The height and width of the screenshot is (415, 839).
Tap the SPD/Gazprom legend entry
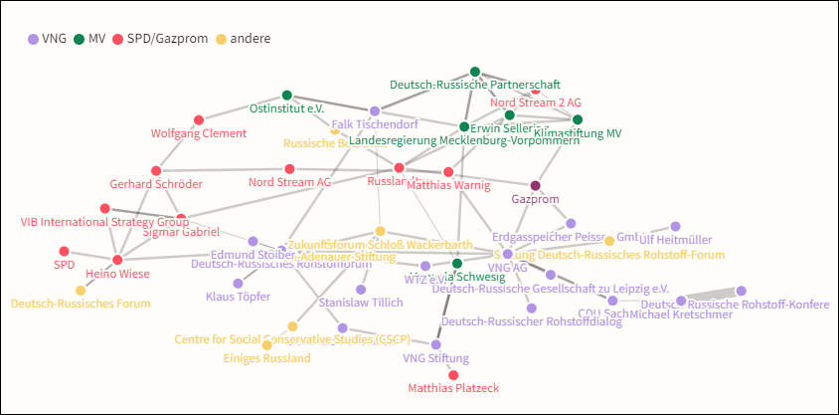(x=160, y=39)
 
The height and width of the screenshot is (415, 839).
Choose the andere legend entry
(x=243, y=39)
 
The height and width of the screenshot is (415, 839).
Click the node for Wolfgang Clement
(x=198, y=119)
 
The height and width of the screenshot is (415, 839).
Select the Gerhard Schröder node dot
(x=155, y=170)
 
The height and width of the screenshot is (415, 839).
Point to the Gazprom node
(x=536, y=186)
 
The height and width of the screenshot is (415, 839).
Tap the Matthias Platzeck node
(x=454, y=374)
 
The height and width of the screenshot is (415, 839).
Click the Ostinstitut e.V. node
(x=286, y=95)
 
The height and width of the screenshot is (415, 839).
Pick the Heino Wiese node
(x=117, y=260)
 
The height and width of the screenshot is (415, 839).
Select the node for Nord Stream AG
(x=289, y=169)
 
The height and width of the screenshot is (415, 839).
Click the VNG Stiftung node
(x=435, y=344)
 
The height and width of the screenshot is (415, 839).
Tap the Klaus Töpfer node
(x=239, y=283)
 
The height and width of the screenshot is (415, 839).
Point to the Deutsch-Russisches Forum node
(x=81, y=290)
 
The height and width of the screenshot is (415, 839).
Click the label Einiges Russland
(x=266, y=358)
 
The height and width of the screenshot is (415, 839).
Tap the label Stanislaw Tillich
(x=361, y=303)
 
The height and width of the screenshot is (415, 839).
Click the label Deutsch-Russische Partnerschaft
(x=474, y=85)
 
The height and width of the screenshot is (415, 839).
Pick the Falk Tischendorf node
(x=375, y=110)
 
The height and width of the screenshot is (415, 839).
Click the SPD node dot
(x=64, y=251)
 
